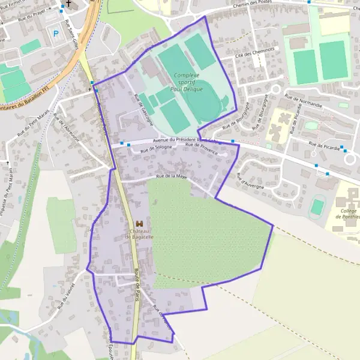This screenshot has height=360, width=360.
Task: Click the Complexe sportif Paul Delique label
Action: pos(186,82)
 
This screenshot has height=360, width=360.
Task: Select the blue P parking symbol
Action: pos(56,34)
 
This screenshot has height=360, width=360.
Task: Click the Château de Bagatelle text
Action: pos(139,234)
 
